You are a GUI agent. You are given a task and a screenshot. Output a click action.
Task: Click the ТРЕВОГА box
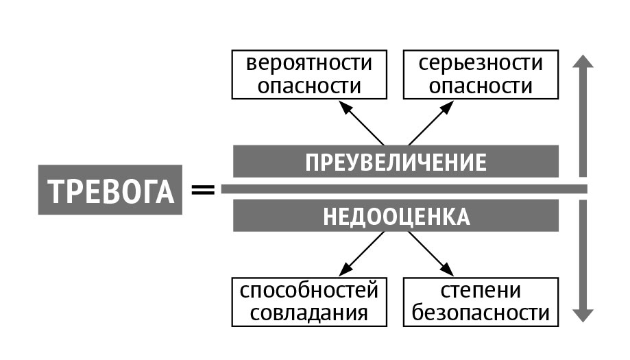[110, 193]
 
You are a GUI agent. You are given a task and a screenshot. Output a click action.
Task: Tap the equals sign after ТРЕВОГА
[202, 189]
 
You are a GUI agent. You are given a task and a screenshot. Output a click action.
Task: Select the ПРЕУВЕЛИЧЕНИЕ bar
[396, 162]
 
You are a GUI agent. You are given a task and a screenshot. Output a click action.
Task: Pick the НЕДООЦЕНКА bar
[396, 216]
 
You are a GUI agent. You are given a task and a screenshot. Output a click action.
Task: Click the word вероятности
[310, 64]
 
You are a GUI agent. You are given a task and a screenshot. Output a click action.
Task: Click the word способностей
[310, 290]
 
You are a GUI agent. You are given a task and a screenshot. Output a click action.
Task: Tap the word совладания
[310, 313]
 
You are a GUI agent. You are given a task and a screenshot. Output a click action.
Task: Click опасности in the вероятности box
[310, 86]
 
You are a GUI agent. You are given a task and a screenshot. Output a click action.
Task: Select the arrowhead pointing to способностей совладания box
[343, 272]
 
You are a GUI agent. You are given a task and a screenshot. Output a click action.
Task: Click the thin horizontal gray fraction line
[404, 189]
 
